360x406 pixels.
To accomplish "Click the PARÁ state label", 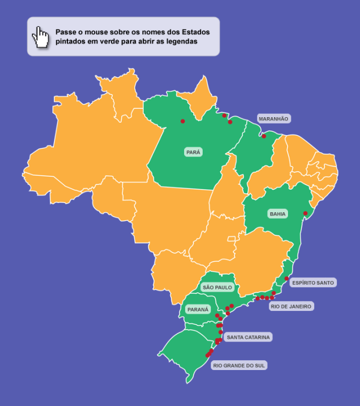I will coord(193,152).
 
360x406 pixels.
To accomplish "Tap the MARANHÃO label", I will coord(273,118).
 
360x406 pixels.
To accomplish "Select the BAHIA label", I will coord(278,214).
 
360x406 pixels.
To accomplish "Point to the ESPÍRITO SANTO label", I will coord(313,282).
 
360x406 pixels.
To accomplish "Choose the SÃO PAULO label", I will coord(217,287).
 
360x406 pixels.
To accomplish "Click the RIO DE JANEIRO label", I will coord(291,306).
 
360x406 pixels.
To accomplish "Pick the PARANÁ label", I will coord(197,310).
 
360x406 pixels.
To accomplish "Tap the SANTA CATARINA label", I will coord(249,337).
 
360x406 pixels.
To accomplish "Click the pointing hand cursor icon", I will coord(41,37).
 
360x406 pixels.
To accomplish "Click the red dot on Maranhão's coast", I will coord(264,136).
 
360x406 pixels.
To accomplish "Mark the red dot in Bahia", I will coord(305,213).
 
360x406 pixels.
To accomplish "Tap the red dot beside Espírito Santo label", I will coord(286,279).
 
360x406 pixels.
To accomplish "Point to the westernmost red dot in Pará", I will coord(182,121).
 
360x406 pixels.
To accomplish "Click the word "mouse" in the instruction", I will coord(98,32).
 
